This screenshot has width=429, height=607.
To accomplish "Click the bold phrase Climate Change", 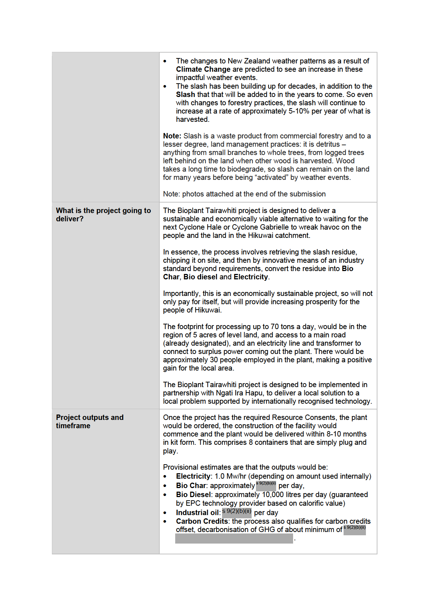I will click(x=203, y=69).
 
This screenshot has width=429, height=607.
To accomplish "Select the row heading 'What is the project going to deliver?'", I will click(x=103, y=214).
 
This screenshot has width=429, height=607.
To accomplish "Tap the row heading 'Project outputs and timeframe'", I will click(x=89, y=421).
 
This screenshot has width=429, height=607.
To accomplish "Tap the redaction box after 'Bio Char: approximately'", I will click(x=266, y=485).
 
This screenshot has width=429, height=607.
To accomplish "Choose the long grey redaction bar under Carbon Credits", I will click(x=234, y=539).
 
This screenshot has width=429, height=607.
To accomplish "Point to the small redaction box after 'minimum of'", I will click(x=355, y=529).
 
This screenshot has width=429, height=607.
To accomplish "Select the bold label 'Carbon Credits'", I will click(x=202, y=521).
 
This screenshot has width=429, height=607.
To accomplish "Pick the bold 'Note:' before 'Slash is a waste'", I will click(x=172, y=136).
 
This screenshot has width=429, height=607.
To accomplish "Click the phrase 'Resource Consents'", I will click(x=304, y=417).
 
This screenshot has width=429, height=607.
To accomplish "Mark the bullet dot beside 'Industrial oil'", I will click(x=165, y=513).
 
